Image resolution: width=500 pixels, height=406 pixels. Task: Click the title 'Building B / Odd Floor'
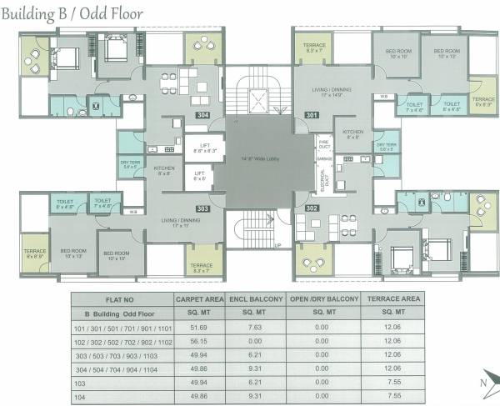[72, 13]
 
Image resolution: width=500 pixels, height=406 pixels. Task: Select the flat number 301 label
[312, 114]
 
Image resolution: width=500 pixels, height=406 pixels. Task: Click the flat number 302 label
[312, 208]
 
